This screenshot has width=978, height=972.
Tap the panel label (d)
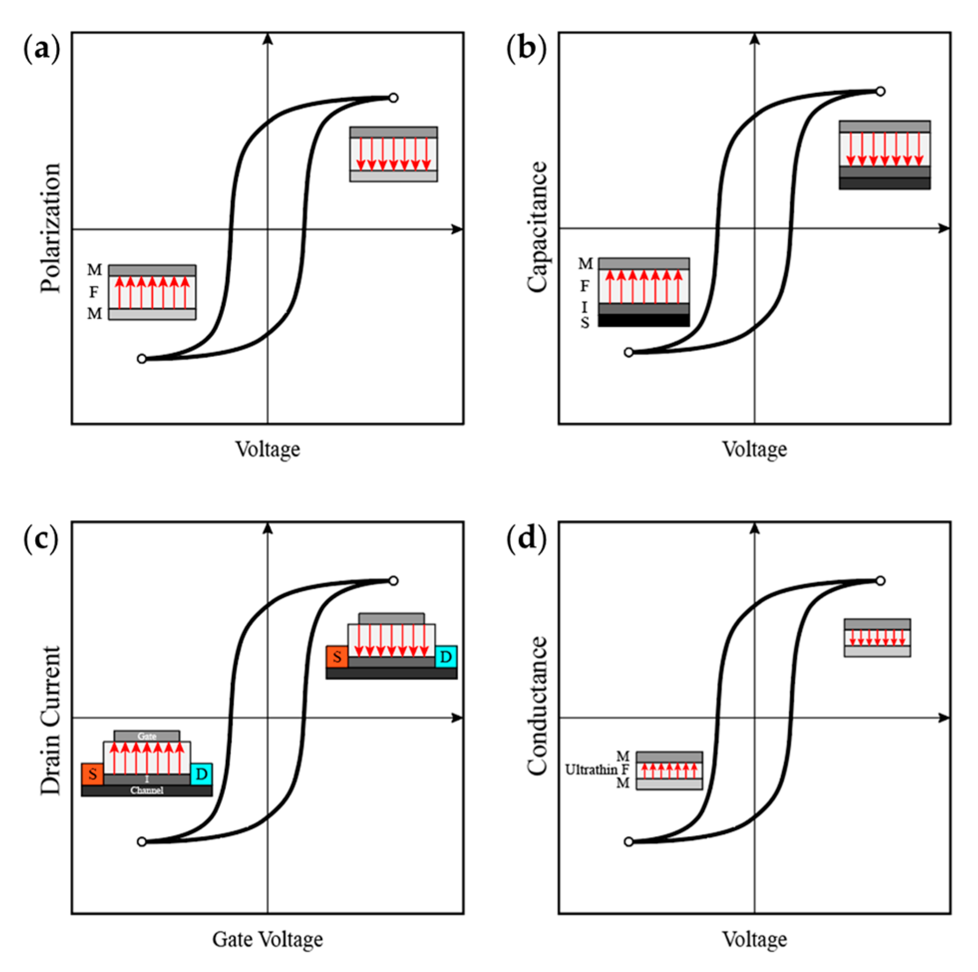(x=527, y=538)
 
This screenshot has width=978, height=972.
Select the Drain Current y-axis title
(x=51, y=720)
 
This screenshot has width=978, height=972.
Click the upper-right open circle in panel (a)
(x=393, y=98)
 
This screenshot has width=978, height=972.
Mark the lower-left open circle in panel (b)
(x=629, y=352)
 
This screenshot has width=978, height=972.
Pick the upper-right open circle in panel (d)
(x=880, y=581)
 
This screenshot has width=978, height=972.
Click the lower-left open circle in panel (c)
(x=141, y=842)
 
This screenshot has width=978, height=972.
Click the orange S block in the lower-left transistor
(x=93, y=774)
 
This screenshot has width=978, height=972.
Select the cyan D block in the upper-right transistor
(x=446, y=657)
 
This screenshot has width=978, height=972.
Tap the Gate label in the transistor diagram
(x=147, y=736)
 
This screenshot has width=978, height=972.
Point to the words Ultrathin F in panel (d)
(x=597, y=770)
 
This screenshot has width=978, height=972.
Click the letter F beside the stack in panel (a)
(x=94, y=292)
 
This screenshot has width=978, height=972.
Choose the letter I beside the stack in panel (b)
(x=585, y=307)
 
